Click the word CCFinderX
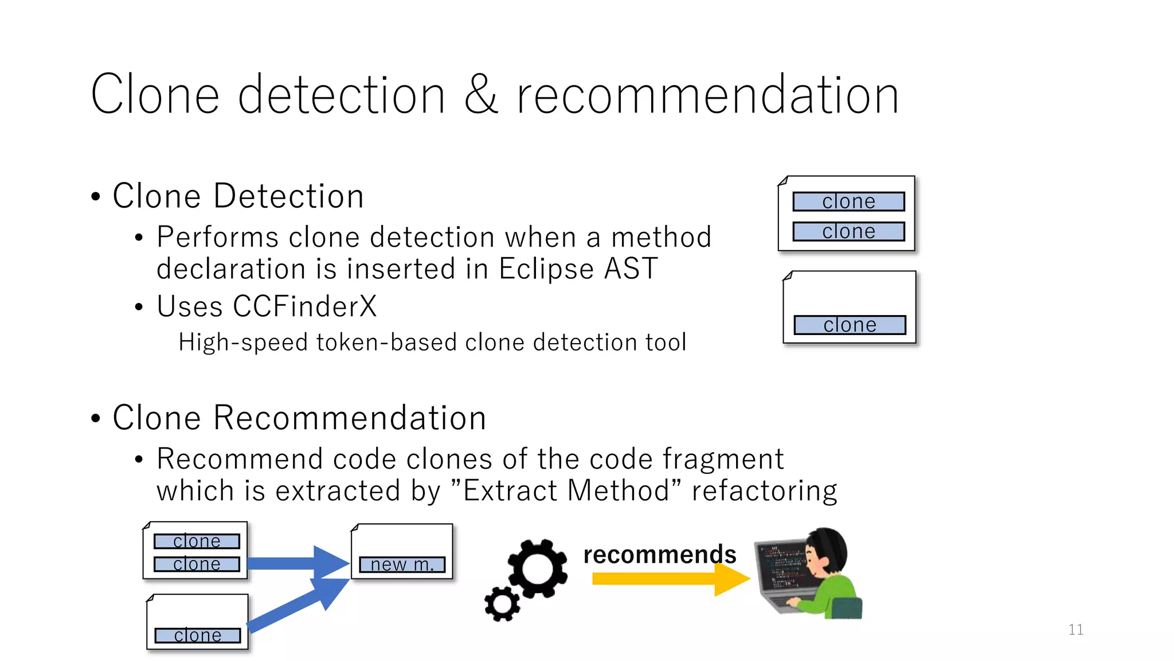[304, 306]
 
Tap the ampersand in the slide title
[480, 95]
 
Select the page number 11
[1075, 629]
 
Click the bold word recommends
[659, 554]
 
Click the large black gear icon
[537, 569]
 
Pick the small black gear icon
[502, 604]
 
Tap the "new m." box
[402, 565]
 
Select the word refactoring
[764, 491]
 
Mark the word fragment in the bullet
[723, 459]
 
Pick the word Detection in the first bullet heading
[288, 196]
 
